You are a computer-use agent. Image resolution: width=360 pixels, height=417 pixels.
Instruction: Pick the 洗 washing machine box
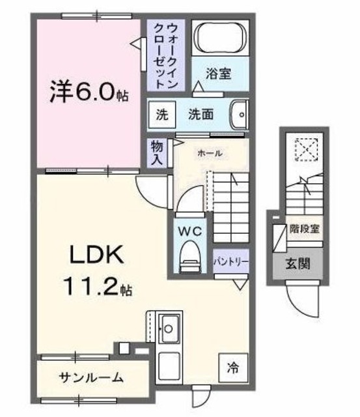[161, 114]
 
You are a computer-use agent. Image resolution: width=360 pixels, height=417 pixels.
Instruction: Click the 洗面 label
[201, 115]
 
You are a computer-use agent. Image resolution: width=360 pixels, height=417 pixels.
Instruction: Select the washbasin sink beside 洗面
[239, 114]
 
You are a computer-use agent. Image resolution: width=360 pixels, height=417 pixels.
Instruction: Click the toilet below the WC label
[191, 254]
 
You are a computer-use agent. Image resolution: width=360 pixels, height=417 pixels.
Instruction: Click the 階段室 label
[304, 230]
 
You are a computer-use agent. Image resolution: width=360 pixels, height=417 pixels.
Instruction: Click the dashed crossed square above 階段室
[303, 149]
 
